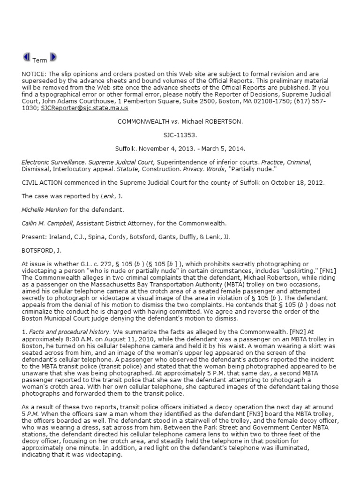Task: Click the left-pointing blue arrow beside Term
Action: pos(26,57)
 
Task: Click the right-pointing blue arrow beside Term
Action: pos(53,57)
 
